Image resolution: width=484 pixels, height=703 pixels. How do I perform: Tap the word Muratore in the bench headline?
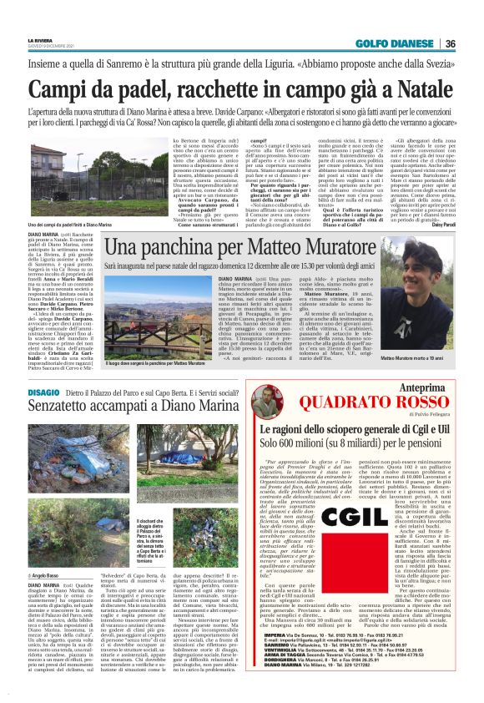point(321,248)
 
